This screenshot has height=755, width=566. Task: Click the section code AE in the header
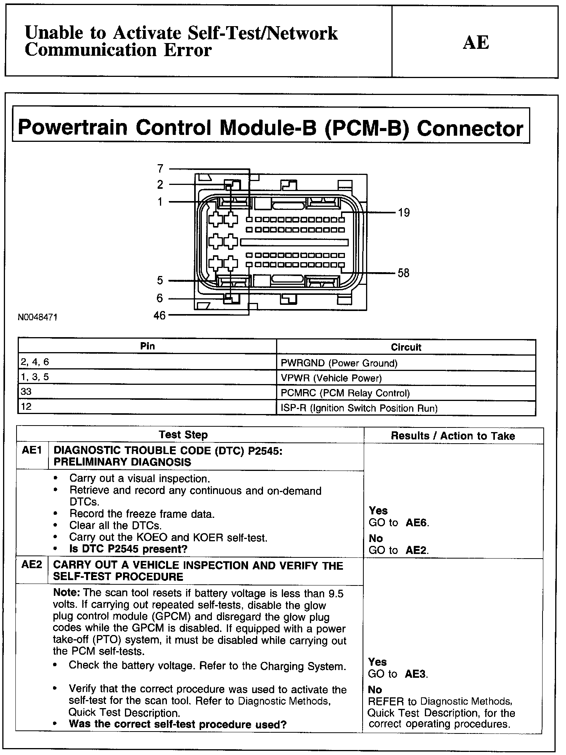476,42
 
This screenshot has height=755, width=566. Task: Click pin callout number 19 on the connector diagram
404,213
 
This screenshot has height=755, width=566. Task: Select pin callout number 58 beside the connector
403,273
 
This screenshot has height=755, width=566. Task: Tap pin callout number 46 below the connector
159,316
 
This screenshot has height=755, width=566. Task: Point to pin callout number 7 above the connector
160,168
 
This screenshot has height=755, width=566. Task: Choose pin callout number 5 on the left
160,281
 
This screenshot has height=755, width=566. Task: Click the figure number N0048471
38,318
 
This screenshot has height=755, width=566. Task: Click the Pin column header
147,346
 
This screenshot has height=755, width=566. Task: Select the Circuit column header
406,348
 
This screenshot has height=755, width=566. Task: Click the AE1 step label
32,450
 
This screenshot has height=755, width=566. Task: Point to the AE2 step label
32,565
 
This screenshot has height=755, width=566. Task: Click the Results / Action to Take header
453,436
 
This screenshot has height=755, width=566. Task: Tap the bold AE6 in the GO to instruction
417,523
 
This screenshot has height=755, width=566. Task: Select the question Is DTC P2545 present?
128,549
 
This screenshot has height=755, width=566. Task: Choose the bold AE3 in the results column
416,674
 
